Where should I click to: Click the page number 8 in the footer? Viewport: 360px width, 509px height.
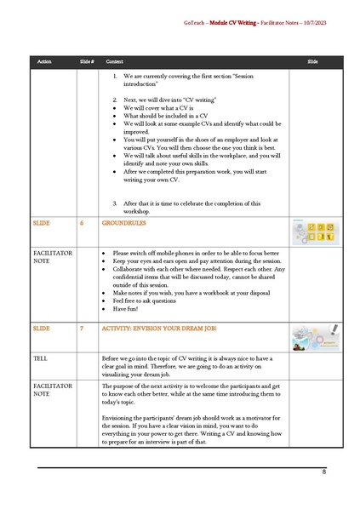click(324, 472)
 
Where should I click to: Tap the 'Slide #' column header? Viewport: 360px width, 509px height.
click(86, 63)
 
